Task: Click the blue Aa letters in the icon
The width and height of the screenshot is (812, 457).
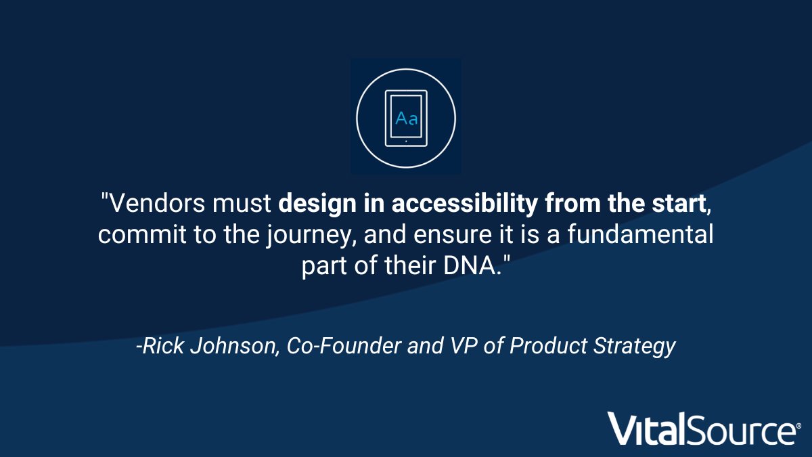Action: point(406,118)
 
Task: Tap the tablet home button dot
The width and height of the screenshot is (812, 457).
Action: point(406,142)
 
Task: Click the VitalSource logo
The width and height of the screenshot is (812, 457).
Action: point(701,428)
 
